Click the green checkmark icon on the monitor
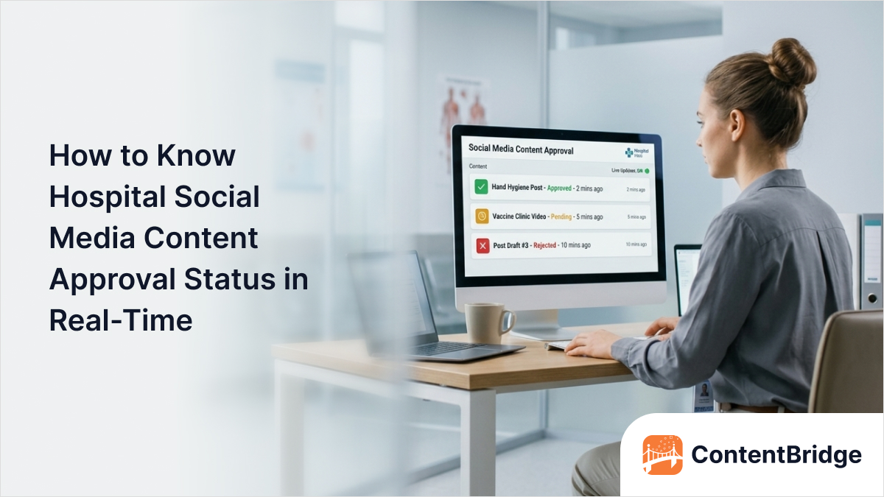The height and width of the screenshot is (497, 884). tap(481, 188)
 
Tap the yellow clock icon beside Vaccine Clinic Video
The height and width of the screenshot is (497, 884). tap(481, 216)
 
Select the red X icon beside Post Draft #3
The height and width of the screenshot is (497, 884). tap(483, 245)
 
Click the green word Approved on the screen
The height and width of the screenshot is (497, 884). tap(559, 188)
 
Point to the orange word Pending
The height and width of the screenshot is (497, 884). tap(561, 217)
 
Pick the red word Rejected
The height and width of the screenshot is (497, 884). tap(544, 245)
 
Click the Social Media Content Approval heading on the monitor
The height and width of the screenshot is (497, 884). tap(521, 150)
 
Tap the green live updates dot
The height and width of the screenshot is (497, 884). tap(646, 171)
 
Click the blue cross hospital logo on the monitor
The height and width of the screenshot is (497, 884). tap(629, 152)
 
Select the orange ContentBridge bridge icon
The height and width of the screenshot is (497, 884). tap(662, 455)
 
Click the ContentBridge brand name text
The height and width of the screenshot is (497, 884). tap(776, 455)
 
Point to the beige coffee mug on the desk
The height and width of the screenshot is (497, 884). tap(487, 322)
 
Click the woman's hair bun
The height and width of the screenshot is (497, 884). tap(790, 62)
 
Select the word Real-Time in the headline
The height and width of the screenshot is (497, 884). tap(121, 321)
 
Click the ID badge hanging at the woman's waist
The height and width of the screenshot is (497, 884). tap(704, 395)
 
